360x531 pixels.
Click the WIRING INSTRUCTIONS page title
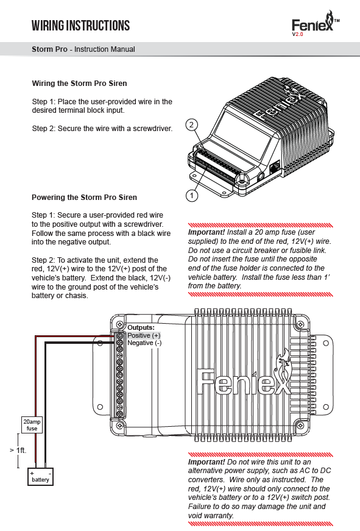80,26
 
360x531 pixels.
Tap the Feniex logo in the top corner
315,23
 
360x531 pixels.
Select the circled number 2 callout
191,124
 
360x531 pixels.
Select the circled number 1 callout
192,196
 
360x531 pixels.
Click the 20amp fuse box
32,425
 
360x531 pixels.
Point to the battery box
40,477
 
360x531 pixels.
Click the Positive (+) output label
144,335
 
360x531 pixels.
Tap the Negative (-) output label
144,343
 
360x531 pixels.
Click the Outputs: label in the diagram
141,327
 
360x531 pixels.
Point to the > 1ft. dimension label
18,450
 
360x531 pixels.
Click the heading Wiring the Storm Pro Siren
80,84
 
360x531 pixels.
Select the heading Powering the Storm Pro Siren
84,198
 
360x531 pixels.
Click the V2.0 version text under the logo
298,34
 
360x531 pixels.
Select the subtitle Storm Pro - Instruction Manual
83,49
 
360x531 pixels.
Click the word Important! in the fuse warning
206,232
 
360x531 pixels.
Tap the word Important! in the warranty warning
206,462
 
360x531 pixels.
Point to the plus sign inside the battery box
32,474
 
